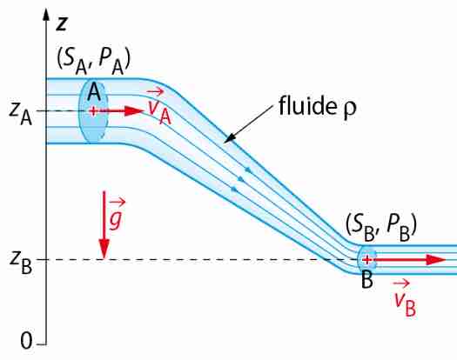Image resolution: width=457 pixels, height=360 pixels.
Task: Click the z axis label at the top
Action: tap(62, 23)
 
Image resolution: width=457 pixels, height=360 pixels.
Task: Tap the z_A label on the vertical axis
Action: tap(20, 115)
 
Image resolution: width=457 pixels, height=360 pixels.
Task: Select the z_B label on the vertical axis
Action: tap(20, 263)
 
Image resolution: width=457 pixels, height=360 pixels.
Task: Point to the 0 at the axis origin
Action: tap(26, 341)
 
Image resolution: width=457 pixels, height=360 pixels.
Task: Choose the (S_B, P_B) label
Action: tap(381, 228)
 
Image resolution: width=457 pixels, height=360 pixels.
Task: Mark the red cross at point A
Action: tap(93, 111)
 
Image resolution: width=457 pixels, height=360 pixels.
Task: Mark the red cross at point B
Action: tap(367, 259)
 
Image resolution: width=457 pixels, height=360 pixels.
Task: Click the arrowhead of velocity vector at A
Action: tap(134, 111)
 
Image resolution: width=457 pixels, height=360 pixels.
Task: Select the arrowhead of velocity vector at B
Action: tap(436, 259)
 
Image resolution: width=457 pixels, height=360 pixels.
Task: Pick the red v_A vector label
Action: tap(158, 107)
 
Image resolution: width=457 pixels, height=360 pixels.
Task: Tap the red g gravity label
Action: tap(117, 214)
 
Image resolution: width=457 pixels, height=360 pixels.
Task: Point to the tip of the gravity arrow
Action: tap(104, 258)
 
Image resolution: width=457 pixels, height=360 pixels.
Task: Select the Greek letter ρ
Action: tap(349, 110)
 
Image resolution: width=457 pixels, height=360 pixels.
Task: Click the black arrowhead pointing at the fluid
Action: tap(229, 138)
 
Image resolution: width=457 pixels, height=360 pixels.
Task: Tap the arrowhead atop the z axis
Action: tap(46, 14)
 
